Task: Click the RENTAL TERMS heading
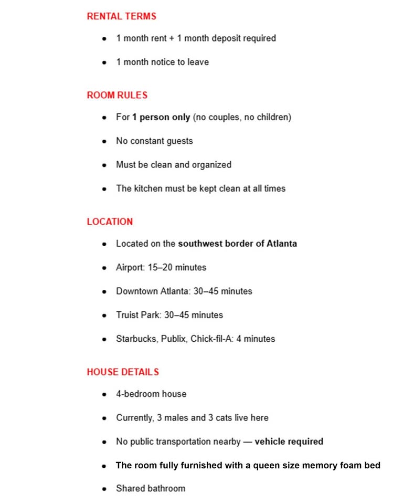tap(121, 16)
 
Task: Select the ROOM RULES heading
tap(117, 95)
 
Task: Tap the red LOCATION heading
tap(110, 222)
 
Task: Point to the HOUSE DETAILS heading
tap(123, 372)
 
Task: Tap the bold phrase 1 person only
tap(161, 117)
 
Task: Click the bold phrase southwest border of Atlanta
tap(237, 244)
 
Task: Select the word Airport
tap(130, 267)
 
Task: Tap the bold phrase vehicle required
tap(289, 442)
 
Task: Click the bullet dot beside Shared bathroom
tap(105, 489)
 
